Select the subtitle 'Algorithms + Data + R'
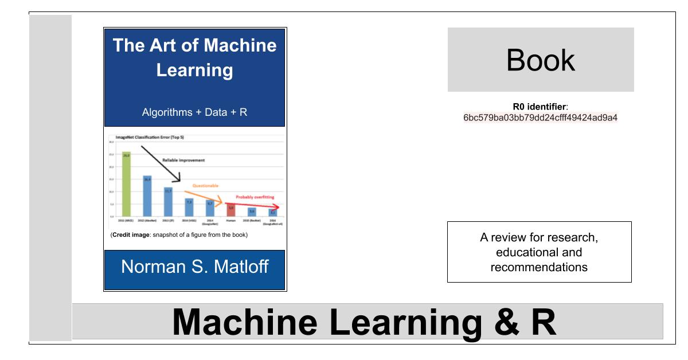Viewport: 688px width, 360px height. [x=194, y=112]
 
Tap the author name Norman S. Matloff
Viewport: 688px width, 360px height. [x=194, y=267]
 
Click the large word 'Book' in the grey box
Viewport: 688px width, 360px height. [x=540, y=60]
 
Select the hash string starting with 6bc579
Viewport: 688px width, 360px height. [x=541, y=118]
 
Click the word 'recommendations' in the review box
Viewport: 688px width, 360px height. [x=539, y=267]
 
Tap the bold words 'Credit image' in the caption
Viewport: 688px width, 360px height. [x=129, y=235]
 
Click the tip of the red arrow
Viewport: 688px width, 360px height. [x=279, y=207]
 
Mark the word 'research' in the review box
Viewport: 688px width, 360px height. [x=575, y=238]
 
